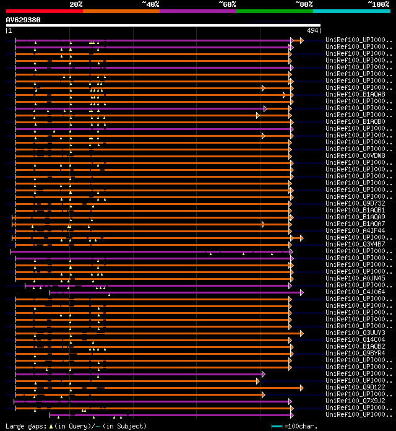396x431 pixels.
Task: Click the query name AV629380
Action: coord(24,20)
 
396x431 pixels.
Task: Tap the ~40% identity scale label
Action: coord(150,4)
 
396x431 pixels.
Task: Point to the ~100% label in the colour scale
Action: coord(379,4)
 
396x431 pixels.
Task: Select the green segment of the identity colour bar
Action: coord(274,11)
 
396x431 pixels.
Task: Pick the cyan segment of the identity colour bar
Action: coord(351,11)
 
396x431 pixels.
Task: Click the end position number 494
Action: coord(312,30)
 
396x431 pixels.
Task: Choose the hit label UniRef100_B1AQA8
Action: coord(356,94)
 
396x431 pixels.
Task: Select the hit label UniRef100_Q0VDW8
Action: coord(356,155)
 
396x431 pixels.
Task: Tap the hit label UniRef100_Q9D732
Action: coord(356,203)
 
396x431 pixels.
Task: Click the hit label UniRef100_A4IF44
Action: coord(356,230)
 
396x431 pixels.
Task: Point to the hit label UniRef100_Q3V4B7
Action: coord(356,244)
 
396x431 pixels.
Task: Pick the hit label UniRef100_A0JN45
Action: coord(356,278)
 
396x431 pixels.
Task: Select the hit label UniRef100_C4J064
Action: coord(356,292)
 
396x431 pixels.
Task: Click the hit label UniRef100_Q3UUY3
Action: coord(356,333)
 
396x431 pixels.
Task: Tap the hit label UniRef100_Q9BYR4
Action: coord(356,353)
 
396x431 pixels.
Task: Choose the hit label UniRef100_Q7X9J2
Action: coord(356,401)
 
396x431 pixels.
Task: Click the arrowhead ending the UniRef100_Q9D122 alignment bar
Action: coord(301,388)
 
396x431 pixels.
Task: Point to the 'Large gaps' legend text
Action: coord(25,426)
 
